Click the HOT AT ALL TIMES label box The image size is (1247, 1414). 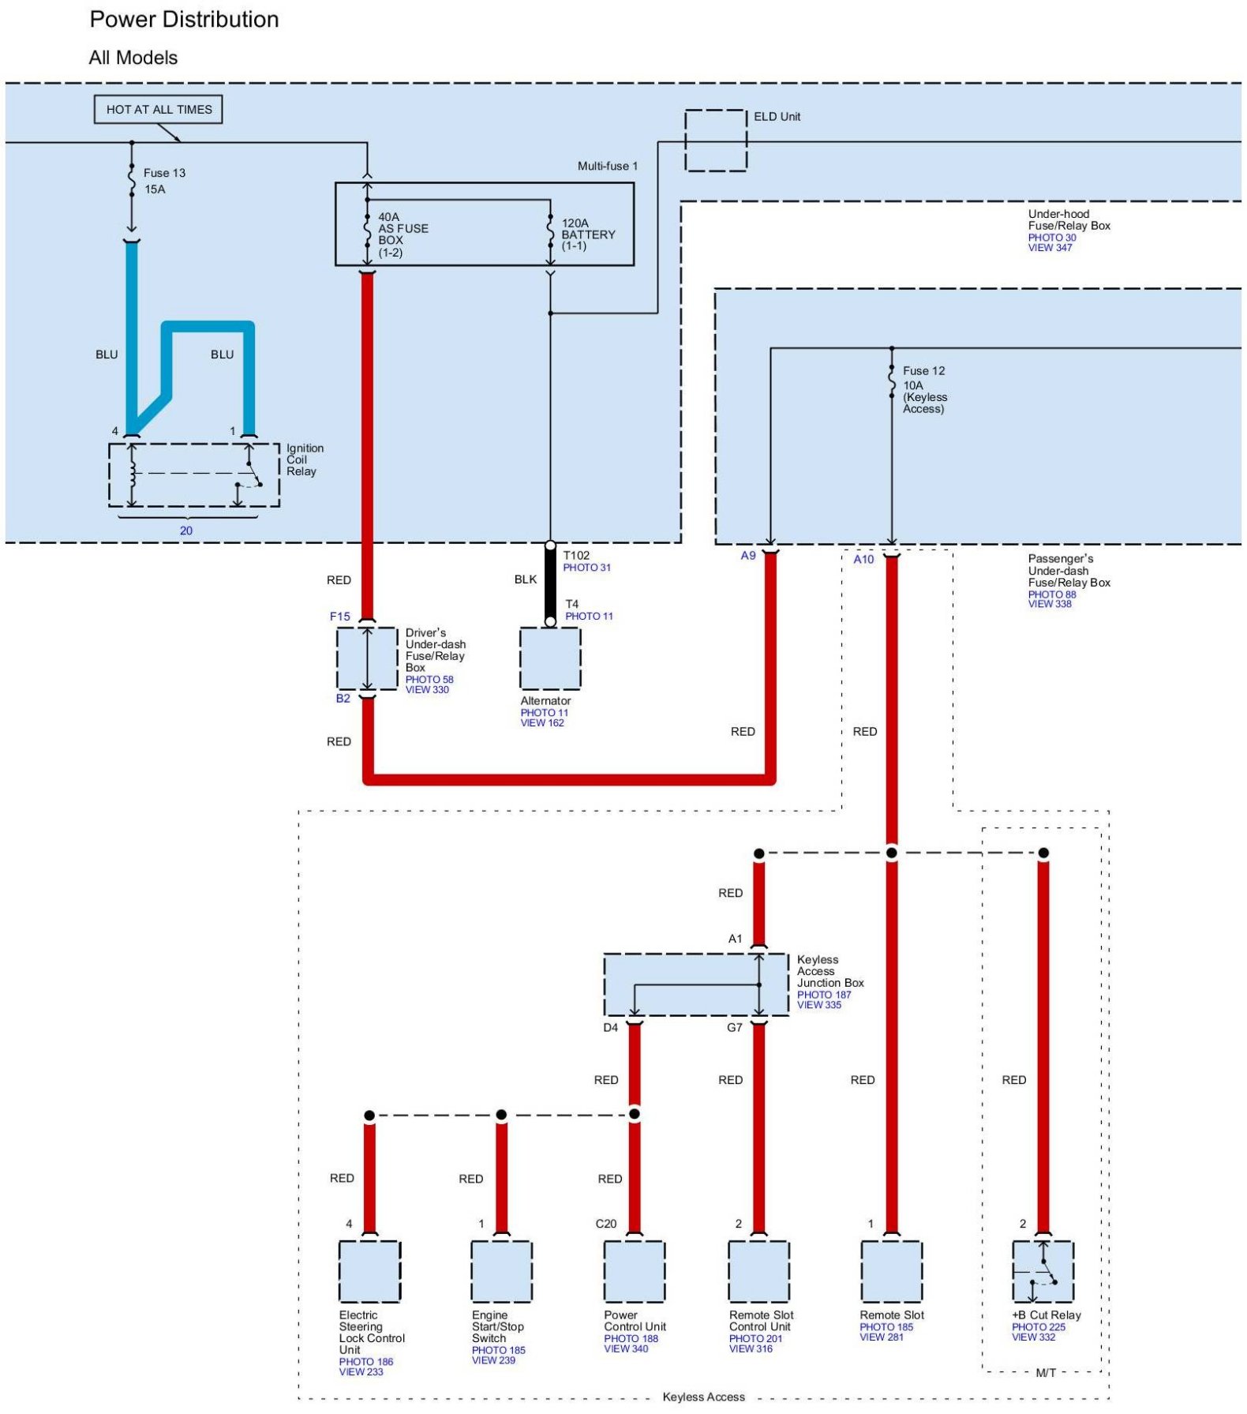point(159,110)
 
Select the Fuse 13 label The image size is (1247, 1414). point(164,173)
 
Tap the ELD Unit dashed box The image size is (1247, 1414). point(715,141)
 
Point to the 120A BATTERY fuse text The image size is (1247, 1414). point(587,234)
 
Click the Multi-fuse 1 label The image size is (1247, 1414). point(607,166)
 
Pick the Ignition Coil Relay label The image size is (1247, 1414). point(305,459)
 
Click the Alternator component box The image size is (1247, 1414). point(550,658)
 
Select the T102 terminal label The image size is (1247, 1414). point(576,556)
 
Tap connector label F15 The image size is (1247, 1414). point(339,617)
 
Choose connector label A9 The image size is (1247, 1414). point(747,556)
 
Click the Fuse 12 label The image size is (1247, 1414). point(923,371)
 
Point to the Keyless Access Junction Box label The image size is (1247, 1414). point(829,971)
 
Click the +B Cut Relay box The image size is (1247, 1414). point(1043,1272)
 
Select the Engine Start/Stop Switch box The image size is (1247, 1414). point(501,1272)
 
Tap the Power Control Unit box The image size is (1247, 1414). point(634,1272)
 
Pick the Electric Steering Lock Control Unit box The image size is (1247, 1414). point(369,1272)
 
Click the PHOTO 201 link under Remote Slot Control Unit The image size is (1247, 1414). point(755,1338)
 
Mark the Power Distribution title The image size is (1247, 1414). point(184,20)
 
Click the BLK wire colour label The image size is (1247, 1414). point(525,579)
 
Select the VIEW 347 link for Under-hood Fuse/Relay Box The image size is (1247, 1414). point(1050,248)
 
